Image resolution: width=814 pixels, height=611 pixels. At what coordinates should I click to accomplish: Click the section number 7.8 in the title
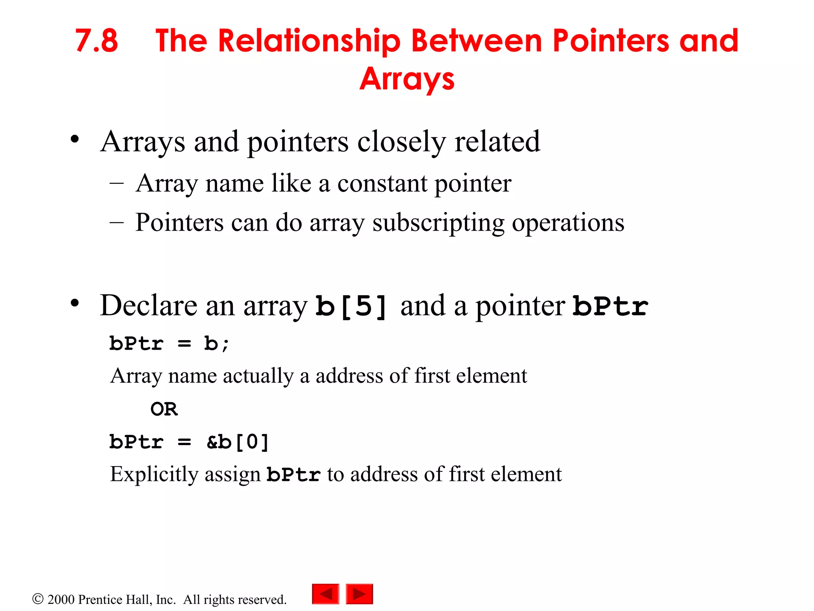[97, 41]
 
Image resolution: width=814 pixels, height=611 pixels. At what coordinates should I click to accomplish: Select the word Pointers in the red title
[611, 41]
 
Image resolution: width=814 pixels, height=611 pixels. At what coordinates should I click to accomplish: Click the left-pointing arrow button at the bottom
[326, 594]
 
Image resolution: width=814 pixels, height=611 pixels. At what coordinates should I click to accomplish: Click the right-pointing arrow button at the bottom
[359, 594]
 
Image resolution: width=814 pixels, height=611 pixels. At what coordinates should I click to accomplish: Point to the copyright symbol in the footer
[38, 599]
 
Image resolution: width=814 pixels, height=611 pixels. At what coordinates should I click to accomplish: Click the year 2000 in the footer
[61, 599]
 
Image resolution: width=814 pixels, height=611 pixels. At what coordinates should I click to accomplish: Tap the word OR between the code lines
[164, 409]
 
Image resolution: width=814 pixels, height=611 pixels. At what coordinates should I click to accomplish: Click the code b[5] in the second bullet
[351, 306]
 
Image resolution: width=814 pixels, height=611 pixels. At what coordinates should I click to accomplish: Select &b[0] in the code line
[238, 442]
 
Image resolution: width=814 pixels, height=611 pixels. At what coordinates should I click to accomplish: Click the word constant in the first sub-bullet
[382, 184]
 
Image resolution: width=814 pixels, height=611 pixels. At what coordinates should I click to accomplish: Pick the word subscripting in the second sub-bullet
[438, 223]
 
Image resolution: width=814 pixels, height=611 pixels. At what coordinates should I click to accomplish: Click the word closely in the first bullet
[401, 142]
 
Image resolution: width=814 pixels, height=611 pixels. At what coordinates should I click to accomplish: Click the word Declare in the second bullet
[149, 305]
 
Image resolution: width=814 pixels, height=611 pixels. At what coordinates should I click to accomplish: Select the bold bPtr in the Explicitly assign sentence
[293, 474]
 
